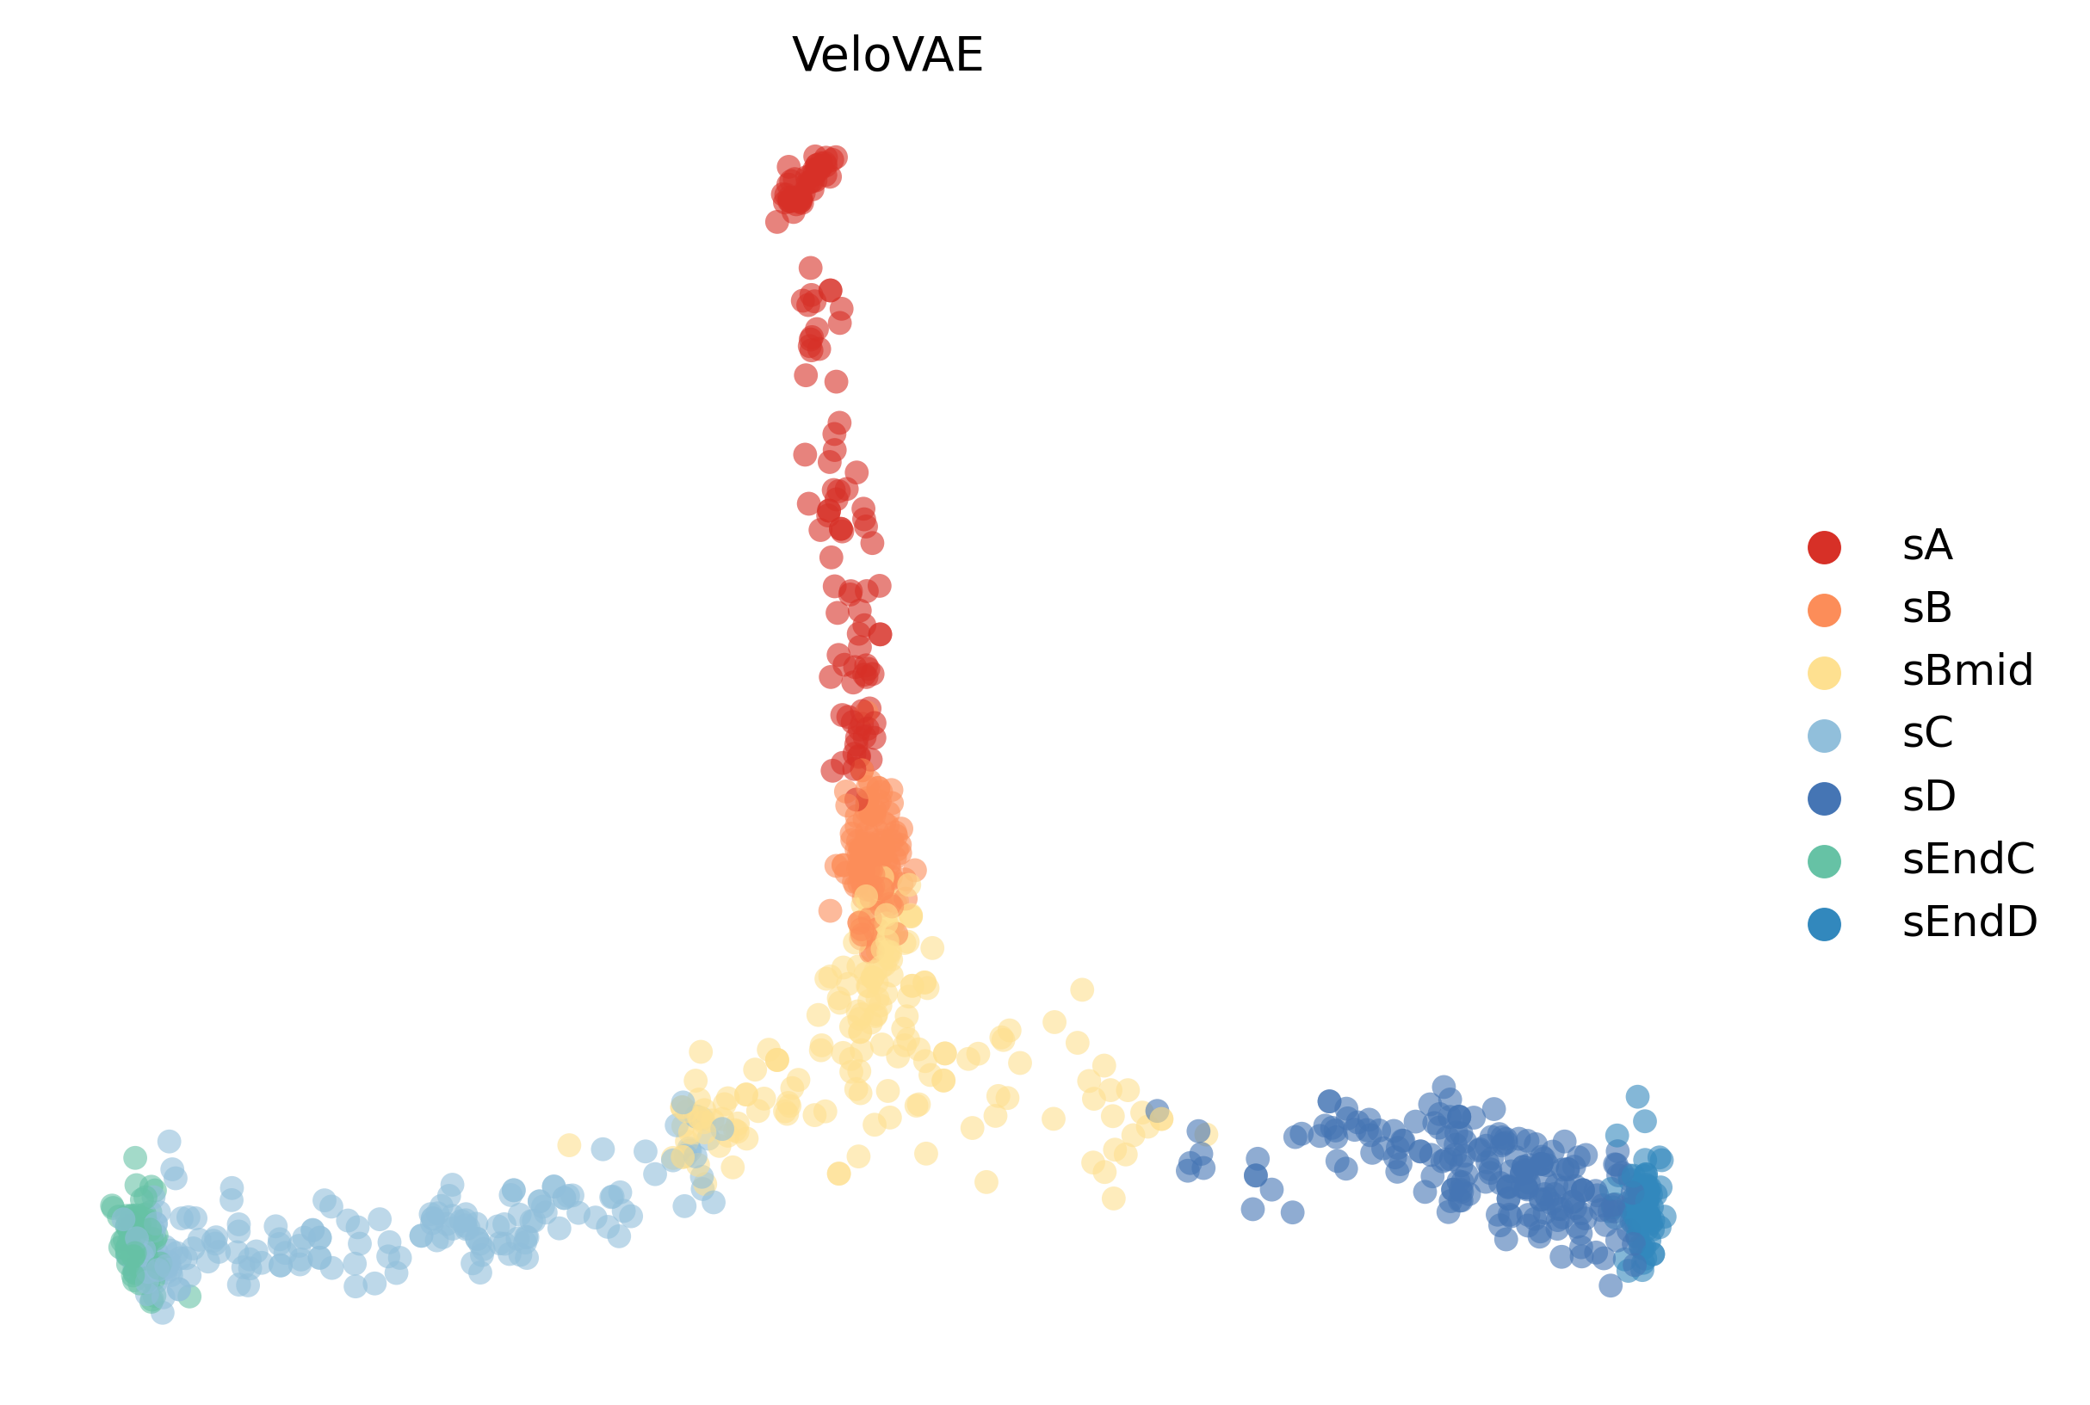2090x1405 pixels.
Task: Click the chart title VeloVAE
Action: tap(887, 56)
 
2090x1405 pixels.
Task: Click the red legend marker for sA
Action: tap(1825, 547)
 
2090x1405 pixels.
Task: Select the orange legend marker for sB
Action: tap(1825, 610)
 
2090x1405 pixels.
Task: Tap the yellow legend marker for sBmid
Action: tap(1825, 673)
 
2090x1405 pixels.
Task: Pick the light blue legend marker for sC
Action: tap(1825, 736)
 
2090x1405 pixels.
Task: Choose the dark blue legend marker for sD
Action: tap(1825, 798)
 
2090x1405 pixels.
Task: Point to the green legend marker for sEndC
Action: tap(1825, 861)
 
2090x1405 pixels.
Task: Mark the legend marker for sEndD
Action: tap(1825, 925)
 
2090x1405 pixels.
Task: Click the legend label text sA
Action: tap(1927, 545)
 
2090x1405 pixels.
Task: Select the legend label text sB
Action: tap(1927, 608)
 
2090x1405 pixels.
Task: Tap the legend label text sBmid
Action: tap(1967, 671)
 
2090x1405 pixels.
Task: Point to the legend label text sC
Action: tap(1927, 734)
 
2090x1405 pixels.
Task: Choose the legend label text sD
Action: tap(1929, 797)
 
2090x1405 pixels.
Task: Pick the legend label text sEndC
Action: tap(1968, 860)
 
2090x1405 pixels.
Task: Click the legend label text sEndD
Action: tap(1969, 923)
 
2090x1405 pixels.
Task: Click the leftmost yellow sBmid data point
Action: tap(569, 1145)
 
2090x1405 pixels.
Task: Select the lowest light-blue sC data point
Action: tap(162, 1314)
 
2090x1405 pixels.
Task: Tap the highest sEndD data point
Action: tap(1637, 1097)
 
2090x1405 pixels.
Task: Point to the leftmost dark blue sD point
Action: tap(1157, 1111)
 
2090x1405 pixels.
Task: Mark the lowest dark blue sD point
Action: tap(1611, 1285)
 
